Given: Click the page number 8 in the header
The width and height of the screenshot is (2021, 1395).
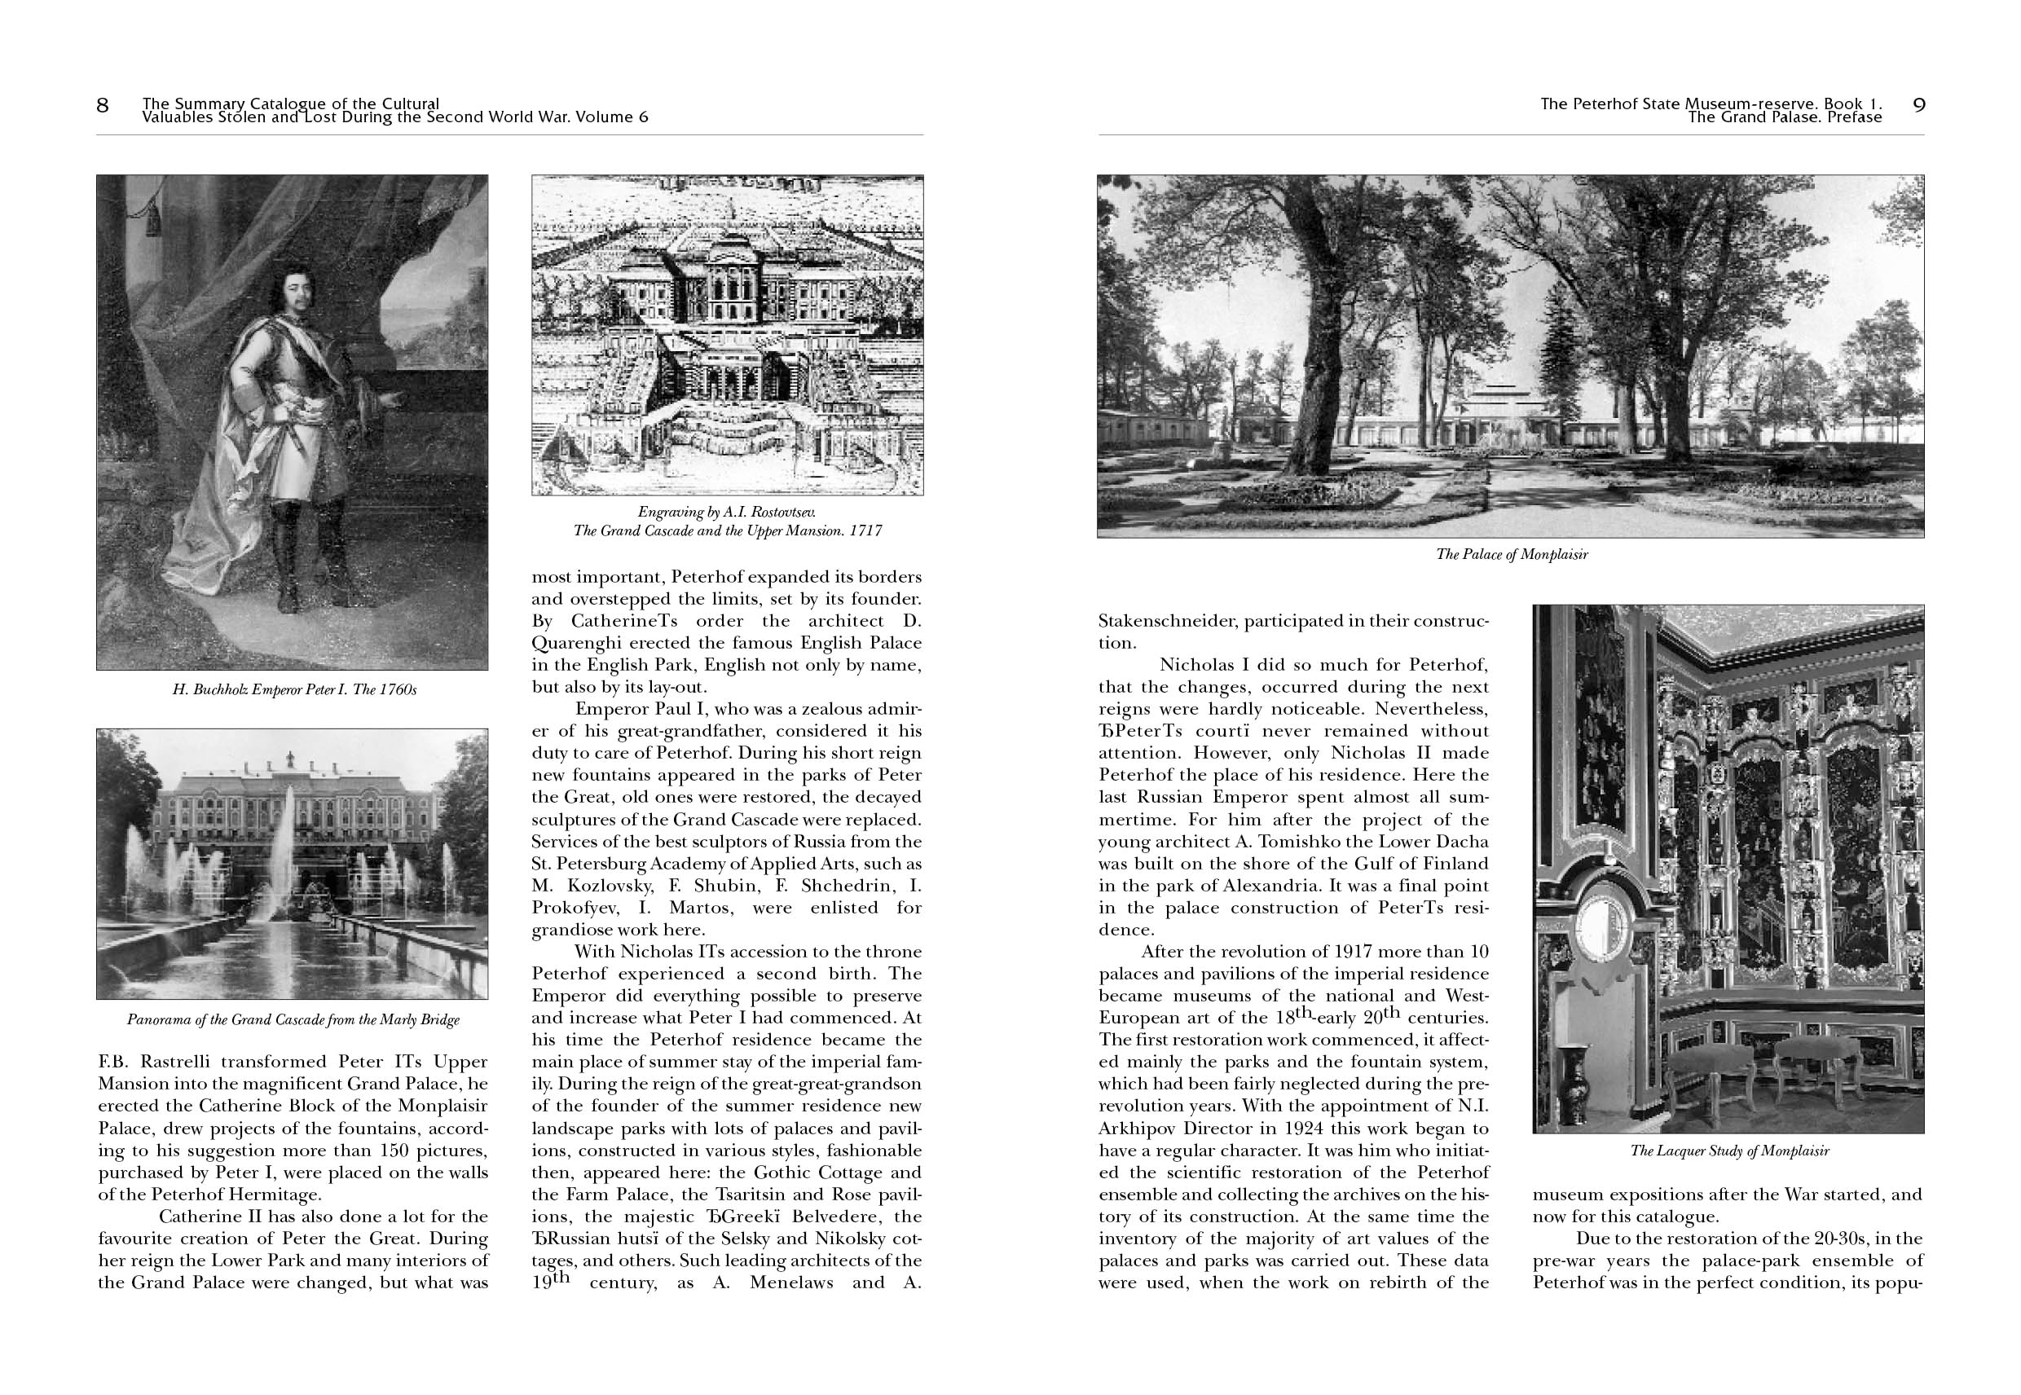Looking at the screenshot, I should coord(103,106).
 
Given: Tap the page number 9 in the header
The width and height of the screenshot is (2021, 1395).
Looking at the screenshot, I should coord(1918,106).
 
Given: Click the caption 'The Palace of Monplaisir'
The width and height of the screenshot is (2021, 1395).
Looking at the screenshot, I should coord(1512,554).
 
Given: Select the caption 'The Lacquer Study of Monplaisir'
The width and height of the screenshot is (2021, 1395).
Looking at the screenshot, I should coord(1729,1151).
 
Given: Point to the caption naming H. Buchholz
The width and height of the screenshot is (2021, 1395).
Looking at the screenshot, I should coord(294,689).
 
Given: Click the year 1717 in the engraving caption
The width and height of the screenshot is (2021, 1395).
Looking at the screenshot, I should coord(865,530).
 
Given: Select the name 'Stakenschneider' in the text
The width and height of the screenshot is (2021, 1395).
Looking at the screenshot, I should coord(1167,622).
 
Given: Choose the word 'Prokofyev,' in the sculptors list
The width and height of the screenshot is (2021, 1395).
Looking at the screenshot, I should coord(577,909).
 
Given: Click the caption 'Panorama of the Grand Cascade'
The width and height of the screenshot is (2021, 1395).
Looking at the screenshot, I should coord(293,1020).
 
